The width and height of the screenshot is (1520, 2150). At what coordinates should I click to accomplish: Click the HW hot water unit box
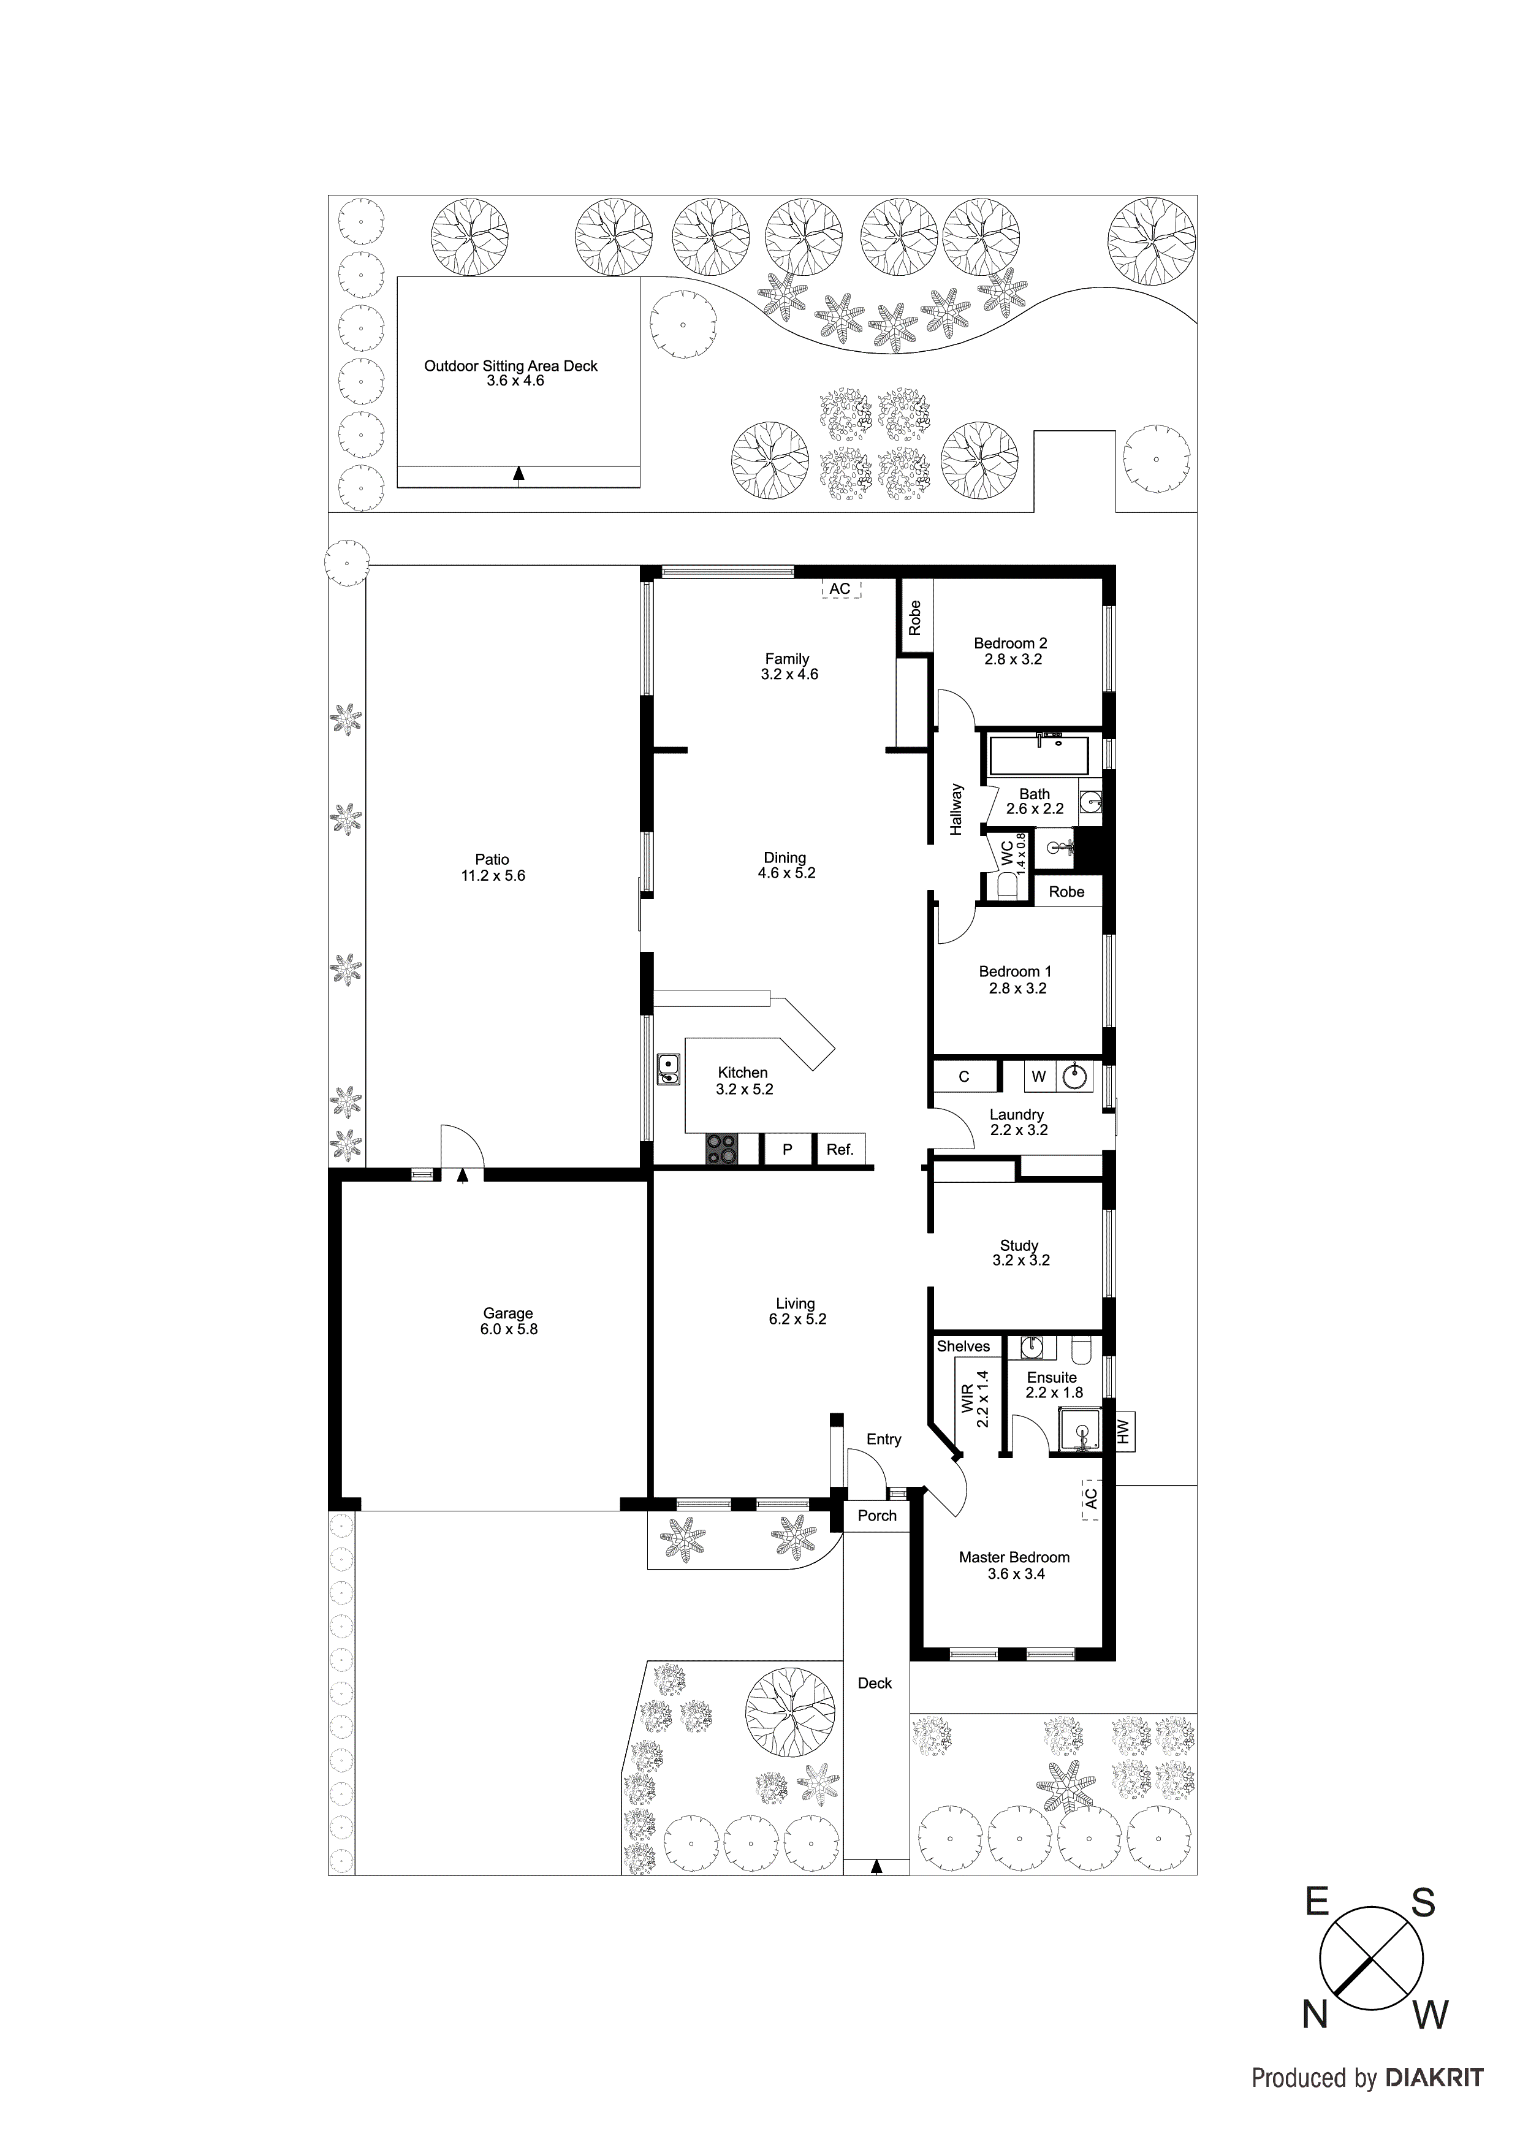[1125, 1431]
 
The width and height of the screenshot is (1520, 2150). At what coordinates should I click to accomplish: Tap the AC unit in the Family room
[840, 589]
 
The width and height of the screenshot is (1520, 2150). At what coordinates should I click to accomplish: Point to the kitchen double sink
[667, 1068]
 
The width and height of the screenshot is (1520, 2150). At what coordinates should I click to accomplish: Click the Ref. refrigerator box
[840, 1149]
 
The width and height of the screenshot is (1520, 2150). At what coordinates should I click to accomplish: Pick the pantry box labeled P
[788, 1149]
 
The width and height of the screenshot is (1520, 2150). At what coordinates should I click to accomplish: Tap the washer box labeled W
[1039, 1076]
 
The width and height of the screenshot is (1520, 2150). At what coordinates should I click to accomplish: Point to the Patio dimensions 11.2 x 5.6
[493, 876]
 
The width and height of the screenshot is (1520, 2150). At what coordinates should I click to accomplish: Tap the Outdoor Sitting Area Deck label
[511, 366]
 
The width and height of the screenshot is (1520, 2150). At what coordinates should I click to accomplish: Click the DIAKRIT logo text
[1433, 2097]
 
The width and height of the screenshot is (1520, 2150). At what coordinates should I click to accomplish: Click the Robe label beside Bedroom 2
[915, 618]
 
